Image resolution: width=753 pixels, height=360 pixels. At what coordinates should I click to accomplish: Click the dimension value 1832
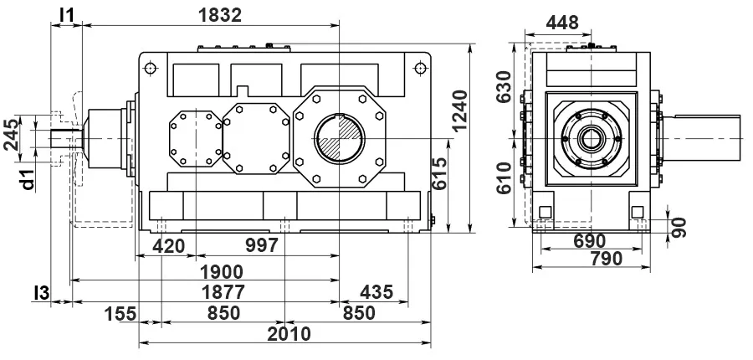(220, 15)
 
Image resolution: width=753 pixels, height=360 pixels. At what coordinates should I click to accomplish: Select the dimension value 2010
(289, 333)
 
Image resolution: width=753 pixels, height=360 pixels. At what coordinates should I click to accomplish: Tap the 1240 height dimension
(459, 110)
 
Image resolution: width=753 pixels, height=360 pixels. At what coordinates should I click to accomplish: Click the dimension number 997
(262, 245)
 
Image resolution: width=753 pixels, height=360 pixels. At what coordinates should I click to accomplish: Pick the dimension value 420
(168, 246)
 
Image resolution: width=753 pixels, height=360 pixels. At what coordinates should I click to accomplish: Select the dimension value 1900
(222, 272)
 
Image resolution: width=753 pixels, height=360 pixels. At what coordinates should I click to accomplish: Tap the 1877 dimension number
(223, 292)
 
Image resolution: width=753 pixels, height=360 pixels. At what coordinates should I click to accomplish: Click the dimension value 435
(377, 291)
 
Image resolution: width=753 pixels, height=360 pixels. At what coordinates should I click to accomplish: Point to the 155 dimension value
(120, 313)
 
